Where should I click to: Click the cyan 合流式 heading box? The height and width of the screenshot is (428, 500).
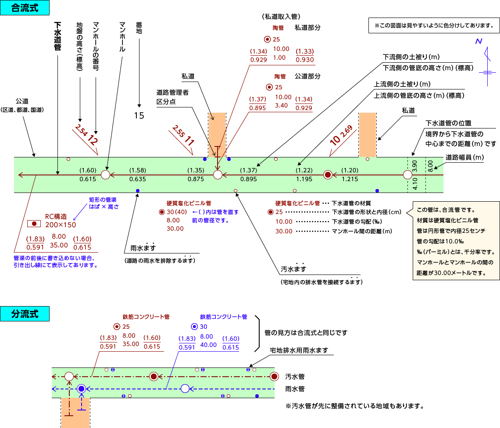click(x=25, y=7)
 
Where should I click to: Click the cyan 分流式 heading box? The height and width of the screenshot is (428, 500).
click(x=25, y=314)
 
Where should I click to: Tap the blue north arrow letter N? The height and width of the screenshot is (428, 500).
click(x=479, y=41)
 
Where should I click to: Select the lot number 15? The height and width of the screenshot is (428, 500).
click(x=139, y=115)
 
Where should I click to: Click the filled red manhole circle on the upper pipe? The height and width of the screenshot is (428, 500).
click(x=328, y=175)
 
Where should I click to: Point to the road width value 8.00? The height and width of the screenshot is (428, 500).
click(x=430, y=166)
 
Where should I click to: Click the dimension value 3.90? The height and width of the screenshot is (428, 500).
click(x=414, y=166)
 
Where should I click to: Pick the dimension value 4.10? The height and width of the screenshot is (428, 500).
click(x=415, y=184)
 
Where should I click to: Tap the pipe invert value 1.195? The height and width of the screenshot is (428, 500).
click(x=304, y=179)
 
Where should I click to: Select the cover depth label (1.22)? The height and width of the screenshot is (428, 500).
click(x=304, y=170)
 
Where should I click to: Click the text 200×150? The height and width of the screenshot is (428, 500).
click(x=61, y=225)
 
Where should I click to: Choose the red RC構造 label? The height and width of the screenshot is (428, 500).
click(x=56, y=217)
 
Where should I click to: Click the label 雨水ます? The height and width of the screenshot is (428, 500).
click(x=143, y=248)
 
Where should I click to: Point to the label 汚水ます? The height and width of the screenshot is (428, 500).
click(x=293, y=269)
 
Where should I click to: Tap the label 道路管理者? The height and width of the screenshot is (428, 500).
click(x=172, y=93)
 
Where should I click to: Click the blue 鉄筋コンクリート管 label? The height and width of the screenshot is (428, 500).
click(x=224, y=317)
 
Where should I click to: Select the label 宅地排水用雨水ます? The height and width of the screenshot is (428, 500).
click(x=299, y=350)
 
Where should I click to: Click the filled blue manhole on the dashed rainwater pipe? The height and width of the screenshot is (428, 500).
click(x=81, y=389)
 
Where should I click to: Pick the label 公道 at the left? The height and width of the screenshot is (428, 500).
click(x=22, y=101)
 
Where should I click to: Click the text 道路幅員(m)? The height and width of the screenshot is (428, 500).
click(x=464, y=157)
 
